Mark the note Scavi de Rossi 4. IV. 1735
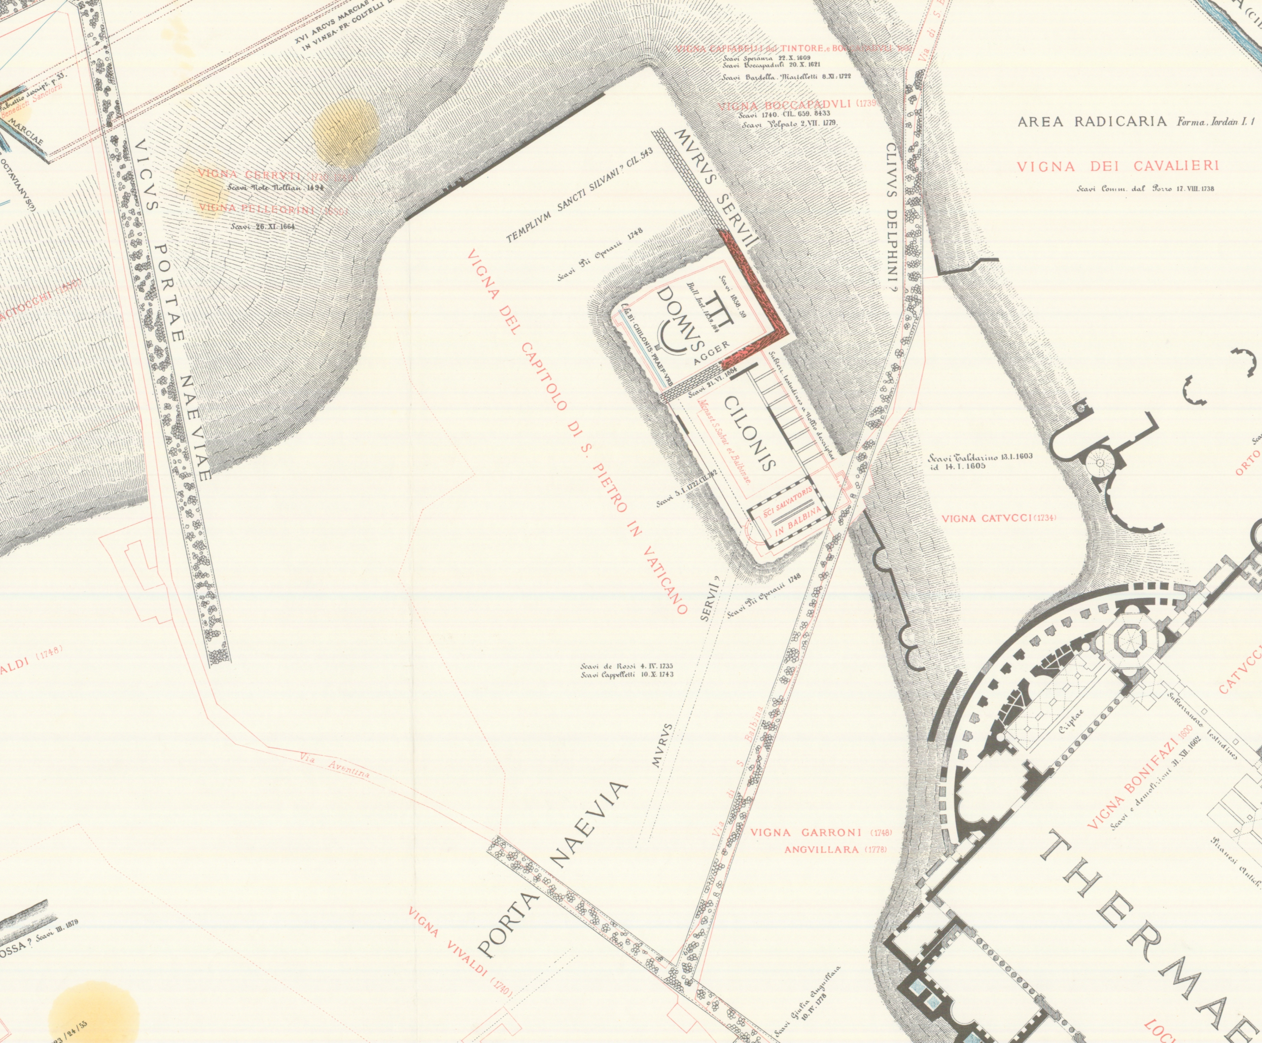pos(626,666)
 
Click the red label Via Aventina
pos(333,766)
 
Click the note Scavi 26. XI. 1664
pos(262,226)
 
